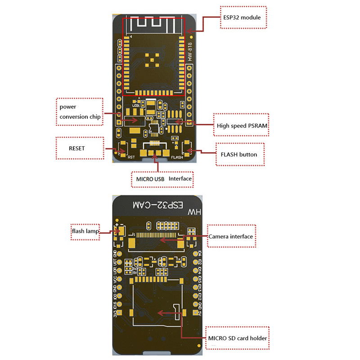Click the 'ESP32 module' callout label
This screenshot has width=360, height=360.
tap(243, 18)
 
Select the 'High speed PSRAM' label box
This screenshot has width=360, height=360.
tap(242, 126)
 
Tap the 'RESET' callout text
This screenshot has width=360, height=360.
tap(77, 148)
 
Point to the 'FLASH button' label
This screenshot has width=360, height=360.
tap(239, 154)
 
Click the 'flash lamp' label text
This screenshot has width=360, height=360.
tap(85, 232)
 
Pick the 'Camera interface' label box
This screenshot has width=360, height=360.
tap(230, 236)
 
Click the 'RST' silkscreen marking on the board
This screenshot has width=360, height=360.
tap(131, 157)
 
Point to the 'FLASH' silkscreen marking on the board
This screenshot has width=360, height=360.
tap(177, 158)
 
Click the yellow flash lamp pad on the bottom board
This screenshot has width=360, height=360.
tap(120, 231)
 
